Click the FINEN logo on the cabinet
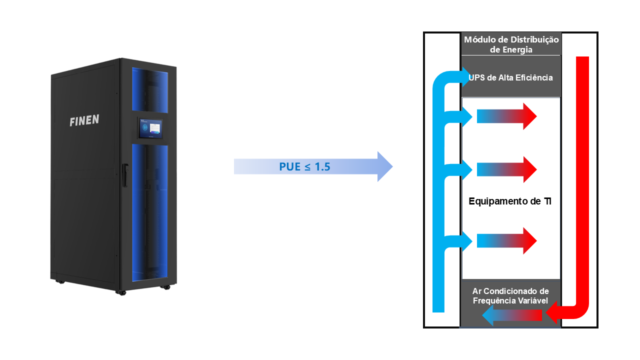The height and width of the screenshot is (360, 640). coord(84,120)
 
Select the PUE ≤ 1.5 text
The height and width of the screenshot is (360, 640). coord(304,166)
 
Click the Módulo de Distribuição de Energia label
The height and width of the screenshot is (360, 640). coord(511,44)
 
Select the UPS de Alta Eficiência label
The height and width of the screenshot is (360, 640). coord(511,77)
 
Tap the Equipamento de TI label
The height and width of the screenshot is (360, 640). coord(510,201)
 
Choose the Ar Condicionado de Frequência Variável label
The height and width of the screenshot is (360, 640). coord(510,295)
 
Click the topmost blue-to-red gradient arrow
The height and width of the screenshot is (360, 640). coord(506,116)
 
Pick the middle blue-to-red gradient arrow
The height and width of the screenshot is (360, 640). coord(506,169)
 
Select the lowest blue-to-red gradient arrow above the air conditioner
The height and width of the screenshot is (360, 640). coord(506,241)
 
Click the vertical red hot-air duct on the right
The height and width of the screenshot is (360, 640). coord(582,175)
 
